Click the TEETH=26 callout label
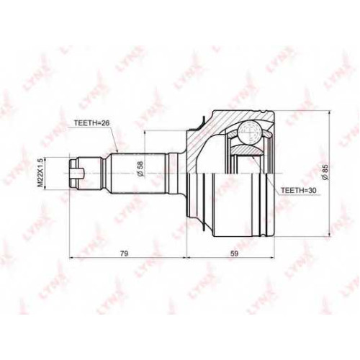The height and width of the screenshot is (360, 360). [91, 123]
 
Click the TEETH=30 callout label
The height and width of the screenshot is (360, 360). [299, 190]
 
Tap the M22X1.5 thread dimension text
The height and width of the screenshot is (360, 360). [40, 173]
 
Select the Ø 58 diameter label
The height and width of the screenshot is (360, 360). [140, 169]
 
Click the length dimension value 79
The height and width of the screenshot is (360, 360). [125, 253]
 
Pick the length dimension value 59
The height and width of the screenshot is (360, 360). [234, 253]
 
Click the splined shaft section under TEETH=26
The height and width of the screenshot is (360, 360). [138, 174]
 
